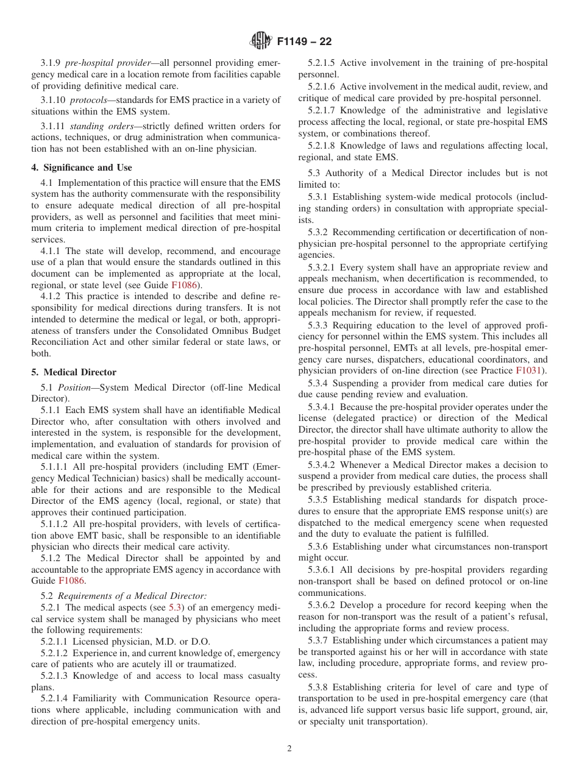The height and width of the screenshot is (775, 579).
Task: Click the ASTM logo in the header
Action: point(261,41)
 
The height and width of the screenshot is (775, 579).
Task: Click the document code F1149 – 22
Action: point(304,42)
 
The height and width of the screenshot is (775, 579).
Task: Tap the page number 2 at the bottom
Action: point(289,749)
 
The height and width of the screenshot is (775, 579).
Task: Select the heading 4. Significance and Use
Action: point(82,168)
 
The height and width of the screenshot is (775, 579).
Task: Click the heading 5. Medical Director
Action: point(74,372)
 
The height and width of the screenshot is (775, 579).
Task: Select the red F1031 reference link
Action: point(530,370)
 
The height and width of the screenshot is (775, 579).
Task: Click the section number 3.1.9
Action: point(51,63)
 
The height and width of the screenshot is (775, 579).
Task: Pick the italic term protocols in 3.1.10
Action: point(88,100)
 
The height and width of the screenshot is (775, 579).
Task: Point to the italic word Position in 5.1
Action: point(76,387)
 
